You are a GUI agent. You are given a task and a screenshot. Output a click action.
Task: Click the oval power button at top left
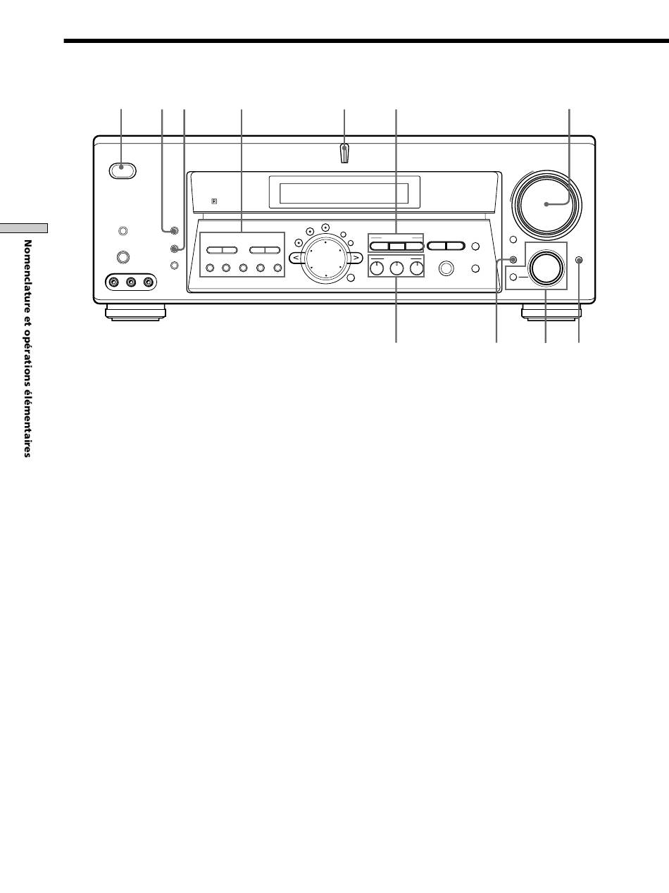123,170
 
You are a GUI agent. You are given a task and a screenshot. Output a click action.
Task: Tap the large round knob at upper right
546,205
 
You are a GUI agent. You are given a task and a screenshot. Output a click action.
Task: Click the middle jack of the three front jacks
131,282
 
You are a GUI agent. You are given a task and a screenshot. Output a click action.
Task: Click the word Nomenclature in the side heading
27,270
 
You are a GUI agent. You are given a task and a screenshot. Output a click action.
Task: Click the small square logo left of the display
214,201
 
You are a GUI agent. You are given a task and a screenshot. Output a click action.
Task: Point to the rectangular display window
344,193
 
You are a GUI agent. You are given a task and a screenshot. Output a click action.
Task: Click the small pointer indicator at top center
344,154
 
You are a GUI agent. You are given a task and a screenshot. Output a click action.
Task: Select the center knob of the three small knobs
396,268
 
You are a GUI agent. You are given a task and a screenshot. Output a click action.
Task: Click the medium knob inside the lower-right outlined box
546,268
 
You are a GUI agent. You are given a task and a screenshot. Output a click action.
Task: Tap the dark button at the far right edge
580,260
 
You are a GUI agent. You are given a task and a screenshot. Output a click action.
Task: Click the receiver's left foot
135,313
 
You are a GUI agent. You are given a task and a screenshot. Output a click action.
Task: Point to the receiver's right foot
551,313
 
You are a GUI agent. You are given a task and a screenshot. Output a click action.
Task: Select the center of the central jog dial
326,258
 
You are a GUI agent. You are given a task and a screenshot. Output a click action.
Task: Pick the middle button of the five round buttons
243,268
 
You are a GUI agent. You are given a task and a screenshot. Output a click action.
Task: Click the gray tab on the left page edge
23,228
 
